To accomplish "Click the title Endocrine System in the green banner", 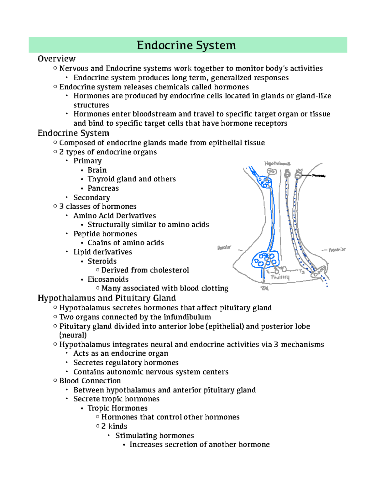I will [186, 45].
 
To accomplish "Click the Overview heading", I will [56, 59].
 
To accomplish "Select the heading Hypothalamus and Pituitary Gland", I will [107, 298].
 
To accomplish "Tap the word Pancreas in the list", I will [103, 188].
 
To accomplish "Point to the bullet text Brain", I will [97, 170].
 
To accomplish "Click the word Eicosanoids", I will [108, 279].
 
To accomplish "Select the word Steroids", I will [102, 261].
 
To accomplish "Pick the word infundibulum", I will [187, 317].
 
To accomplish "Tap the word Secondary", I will [92, 198].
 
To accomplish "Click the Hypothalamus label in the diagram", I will [277, 164].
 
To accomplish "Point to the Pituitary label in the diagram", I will [280, 277].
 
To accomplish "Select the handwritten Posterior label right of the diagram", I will [337, 250].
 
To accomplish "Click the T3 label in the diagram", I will [301, 272].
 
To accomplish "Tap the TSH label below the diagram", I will [265, 288].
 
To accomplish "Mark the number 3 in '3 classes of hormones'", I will [61, 207].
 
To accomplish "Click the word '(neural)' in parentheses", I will [73, 335].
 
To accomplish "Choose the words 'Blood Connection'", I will [90, 381].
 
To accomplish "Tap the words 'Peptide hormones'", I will [105, 234].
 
